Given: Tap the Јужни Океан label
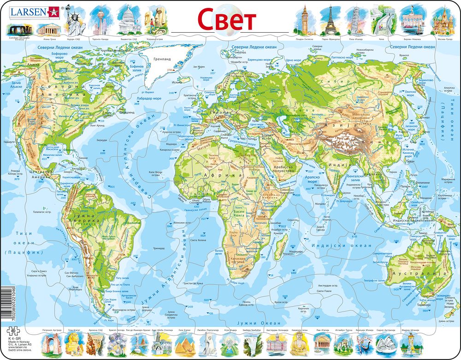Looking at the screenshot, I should pyautogui.click(x=261, y=323).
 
